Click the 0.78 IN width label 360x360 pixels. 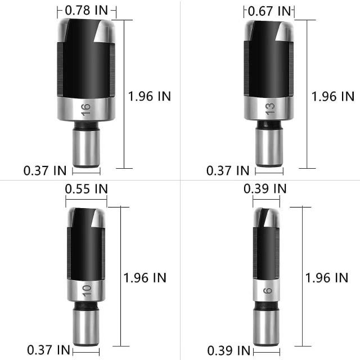(x=87, y=10)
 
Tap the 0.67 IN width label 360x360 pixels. (x=271, y=11)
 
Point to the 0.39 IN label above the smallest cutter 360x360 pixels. (x=265, y=188)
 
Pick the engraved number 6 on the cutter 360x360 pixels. (x=267, y=291)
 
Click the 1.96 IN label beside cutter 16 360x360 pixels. (x=149, y=96)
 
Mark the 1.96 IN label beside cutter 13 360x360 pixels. (x=332, y=96)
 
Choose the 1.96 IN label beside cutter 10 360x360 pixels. (x=145, y=277)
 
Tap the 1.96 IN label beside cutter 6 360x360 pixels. (x=327, y=277)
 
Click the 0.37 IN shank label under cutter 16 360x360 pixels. (x=46, y=169)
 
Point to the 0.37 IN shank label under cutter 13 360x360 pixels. (x=228, y=169)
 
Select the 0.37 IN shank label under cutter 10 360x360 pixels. (x=48, y=349)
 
